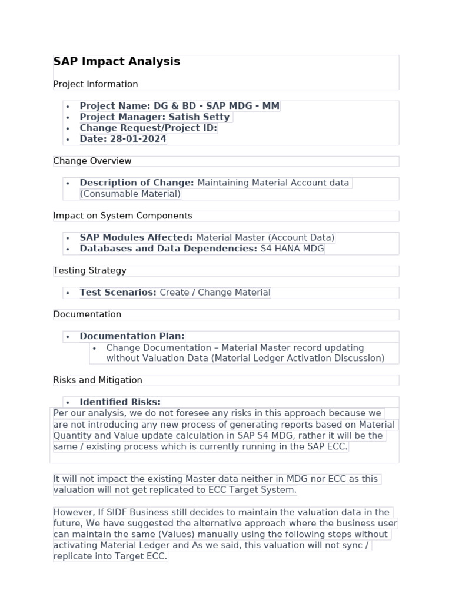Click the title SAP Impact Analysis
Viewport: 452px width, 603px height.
(x=117, y=62)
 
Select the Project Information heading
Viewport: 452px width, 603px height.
(x=95, y=84)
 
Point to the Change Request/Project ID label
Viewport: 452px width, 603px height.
(x=148, y=128)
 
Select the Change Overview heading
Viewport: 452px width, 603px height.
(x=92, y=161)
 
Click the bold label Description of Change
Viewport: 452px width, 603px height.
(x=137, y=183)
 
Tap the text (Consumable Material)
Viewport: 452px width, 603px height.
(x=130, y=194)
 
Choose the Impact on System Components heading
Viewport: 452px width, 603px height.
(x=122, y=216)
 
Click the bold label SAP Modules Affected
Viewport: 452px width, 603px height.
(x=136, y=238)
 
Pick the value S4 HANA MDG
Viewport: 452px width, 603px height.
(x=292, y=249)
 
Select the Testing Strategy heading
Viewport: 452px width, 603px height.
(x=89, y=271)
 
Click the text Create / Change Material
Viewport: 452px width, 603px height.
(x=215, y=293)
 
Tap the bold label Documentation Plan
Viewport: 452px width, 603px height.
(x=132, y=336)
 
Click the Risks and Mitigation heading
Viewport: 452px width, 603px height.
(x=98, y=380)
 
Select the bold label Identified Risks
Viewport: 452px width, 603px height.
(x=120, y=402)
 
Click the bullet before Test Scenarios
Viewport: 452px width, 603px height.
(x=68, y=293)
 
